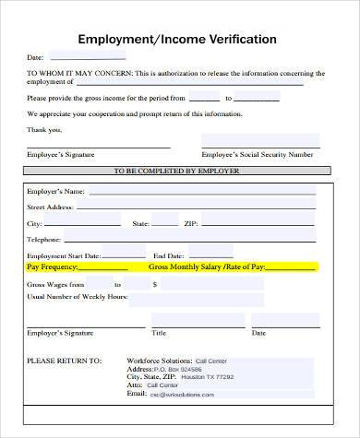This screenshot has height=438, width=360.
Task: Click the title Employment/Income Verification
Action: pyautogui.click(x=177, y=40)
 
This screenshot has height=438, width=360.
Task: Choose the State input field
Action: pyautogui.click(x=164, y=223)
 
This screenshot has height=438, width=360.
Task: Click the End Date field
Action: pyautogui.click(x=212, y=255)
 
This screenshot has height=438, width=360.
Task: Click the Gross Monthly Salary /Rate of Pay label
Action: pyautogui.click(x=207, y=266)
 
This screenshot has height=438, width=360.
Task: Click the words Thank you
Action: pyautogui.click(x=44, y=128)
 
